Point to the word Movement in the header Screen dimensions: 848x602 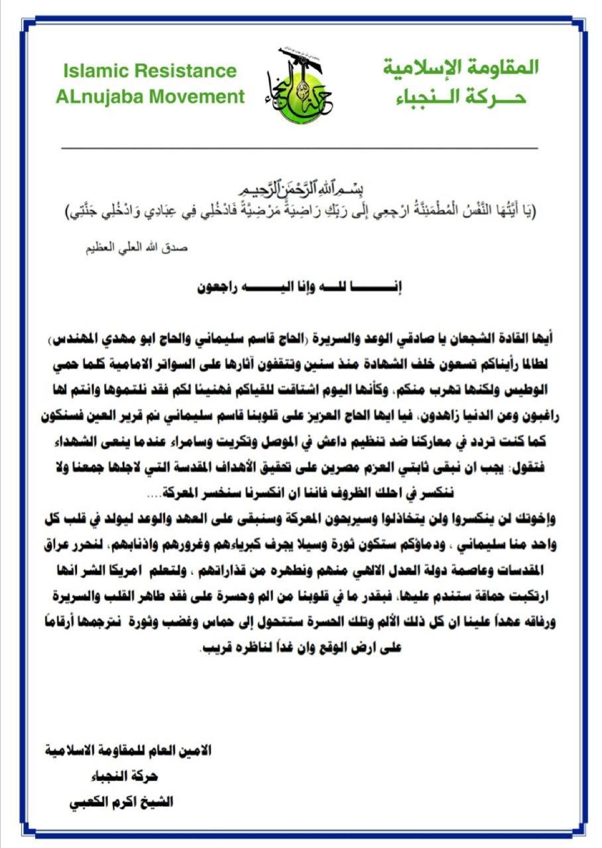pyautogui.click(x=196, y=97)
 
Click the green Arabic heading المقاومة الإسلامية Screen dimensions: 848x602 pyautogui.click(x=462, y=67)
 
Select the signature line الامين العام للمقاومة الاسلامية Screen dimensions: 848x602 pyautogui.click(x=127, y=751)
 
